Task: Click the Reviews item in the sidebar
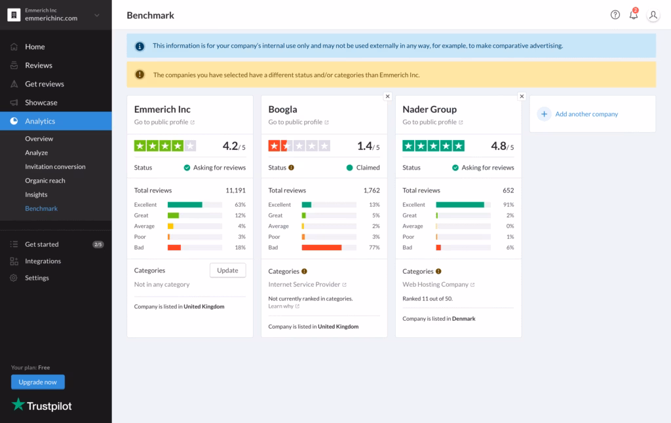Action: [x=39, y=65]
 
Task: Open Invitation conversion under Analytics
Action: [x=55, y=167]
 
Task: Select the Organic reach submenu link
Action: [x=45, y=181]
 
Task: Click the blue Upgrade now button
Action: [x=38, y=382]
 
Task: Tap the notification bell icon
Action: [x=634, y=15]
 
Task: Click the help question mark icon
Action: [x=615, y=15]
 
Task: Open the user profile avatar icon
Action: [x=653, y=15]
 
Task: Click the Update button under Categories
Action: [x=227, y=270]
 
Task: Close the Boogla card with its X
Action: [x=387, y=96]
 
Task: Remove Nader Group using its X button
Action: [x=522, y=96]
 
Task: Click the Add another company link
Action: [x=586, y=114]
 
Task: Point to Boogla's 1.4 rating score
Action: [x=365, y=146]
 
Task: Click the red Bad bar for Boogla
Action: [x=322, y=248]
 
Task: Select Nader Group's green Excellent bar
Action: [x=460, y=205]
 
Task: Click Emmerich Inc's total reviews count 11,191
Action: [x=235, y=191]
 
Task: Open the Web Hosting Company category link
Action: [x=436, y=285]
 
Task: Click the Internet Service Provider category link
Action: [x=305, y=285]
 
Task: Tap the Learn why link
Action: [x=280, y=306]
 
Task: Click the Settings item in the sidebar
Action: [x=37, y=278]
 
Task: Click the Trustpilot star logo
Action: [x=18, y=405]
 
